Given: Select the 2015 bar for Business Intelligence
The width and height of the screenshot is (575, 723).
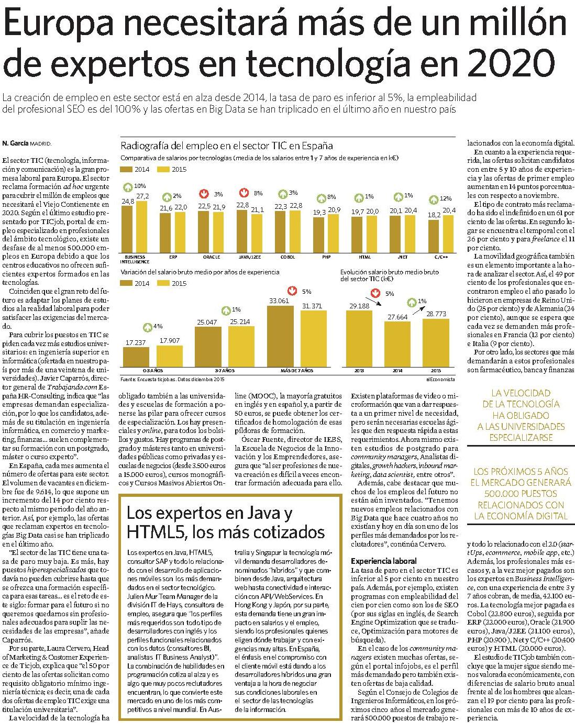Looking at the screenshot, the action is click(142, 227).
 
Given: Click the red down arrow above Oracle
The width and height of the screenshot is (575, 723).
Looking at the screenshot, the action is click(203, 194).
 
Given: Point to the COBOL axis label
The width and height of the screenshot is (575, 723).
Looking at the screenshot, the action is click(287, 257).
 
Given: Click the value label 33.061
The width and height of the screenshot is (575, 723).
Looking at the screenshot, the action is click(279, 301).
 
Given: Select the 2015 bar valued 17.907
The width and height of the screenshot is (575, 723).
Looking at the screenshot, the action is click(169, 356).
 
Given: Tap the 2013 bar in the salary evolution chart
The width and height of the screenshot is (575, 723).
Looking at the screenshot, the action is click(359, 338).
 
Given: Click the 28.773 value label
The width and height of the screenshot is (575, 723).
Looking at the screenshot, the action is click(436, 314).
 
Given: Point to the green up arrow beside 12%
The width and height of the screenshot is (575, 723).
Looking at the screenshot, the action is click(434, 200).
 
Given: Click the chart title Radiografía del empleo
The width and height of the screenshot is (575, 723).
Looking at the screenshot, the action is click(227, 146).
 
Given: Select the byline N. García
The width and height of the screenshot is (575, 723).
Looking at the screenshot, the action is click(16, 143).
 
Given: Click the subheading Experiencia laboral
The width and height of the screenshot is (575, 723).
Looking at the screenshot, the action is click(383, 561).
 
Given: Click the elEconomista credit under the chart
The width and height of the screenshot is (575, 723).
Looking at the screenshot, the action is click(440, 380).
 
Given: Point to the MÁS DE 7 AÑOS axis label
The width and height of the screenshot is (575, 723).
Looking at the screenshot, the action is click(297, 371).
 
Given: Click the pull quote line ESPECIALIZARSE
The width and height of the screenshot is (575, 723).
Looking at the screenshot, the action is click(521, 438).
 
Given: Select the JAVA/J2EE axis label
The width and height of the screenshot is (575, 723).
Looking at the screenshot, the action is click(250, 257).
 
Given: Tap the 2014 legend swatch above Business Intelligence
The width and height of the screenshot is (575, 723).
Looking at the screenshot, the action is click(126, 169).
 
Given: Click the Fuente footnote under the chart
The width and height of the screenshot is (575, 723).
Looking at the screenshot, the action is click(172, 380).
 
